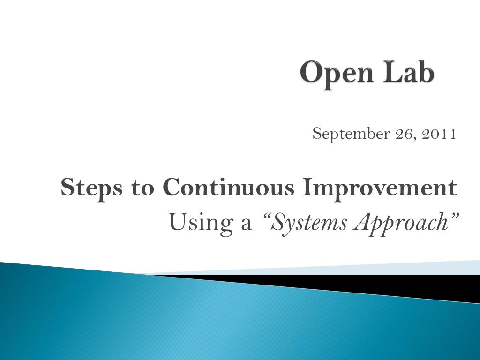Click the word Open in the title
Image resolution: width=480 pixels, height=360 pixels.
pyautogui.click(x=337, y=74)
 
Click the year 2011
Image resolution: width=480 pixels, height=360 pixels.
pyautogui.click(x=439, y=134)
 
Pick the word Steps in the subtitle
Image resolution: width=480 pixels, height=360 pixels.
pyautogui.click(x=91, y=187)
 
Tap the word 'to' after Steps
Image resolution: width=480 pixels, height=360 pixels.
pyautogui.click(x=142, y=188)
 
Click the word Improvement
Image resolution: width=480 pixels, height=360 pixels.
pyautogui.click(x=380, y=188)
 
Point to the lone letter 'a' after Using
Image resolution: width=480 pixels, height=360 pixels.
pyautogui.click(x=246, y=225)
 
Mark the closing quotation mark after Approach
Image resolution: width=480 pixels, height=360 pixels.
pyautogui.click(x=454, y=215)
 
